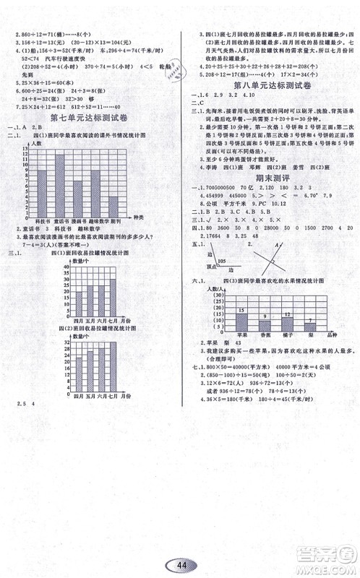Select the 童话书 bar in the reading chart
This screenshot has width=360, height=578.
[64, 181]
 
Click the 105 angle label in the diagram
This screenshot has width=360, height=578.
[220, 260]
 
